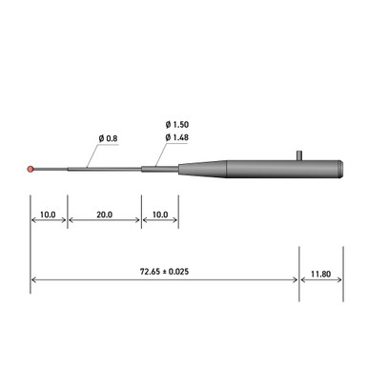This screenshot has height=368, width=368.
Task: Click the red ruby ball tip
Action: (32, 170)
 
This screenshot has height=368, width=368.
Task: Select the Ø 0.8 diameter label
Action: (108, 138)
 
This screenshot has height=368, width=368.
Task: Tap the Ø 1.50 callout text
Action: (176, 126)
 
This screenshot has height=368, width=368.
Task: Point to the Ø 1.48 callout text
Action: (176, 138)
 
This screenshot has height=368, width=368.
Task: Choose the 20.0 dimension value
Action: (104, 215)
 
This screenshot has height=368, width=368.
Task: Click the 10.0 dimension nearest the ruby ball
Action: (48, 215)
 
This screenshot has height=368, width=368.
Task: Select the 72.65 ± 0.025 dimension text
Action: (165, 272)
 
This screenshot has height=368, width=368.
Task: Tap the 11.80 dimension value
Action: (320, 272)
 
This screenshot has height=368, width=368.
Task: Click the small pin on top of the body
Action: (299, 153)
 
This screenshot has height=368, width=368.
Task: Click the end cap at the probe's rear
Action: (340, 169)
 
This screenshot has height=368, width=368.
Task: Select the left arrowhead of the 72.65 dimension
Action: (35, 279)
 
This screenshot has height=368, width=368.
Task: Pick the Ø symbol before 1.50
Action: (167, 126)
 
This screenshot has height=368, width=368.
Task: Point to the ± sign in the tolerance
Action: (165, 272)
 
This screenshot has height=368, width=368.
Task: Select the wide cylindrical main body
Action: (276, 169)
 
